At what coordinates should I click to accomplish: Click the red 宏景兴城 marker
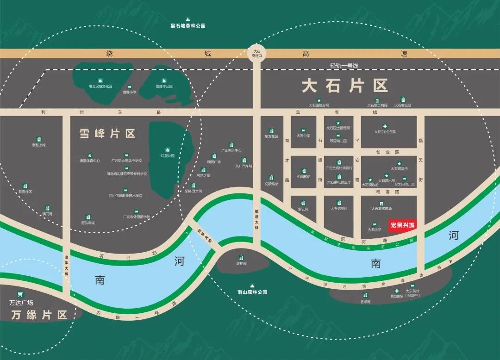pyautogui.click(x=403, y=225)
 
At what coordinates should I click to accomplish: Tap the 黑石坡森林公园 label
pyautogui.click(x=188, y=26)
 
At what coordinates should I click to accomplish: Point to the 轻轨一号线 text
pyautogui.click(x=344, y=66)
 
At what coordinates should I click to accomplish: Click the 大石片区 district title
pyautogui.click(x=344, y=86)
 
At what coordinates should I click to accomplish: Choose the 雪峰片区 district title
pyautogui.click(x=107, y=134)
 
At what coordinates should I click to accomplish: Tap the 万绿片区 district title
pyautogui.click(x=39, y=315)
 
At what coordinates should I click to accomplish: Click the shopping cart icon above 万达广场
pyautogui.click(x=20, y=294)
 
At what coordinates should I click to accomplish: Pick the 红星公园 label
pyautogui.click(x=168, y=156)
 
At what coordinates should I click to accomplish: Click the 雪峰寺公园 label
pyautogui.click(x=163, y=87)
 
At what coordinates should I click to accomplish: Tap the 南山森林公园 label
pyautogui.click(x=252, y=292)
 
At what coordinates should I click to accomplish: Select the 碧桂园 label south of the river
pyautogui.click(x=241, y=263)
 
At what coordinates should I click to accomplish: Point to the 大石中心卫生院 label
pyautogui.click(x=385, y=132)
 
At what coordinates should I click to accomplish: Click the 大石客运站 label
pyautogui.click(x=402, y=106)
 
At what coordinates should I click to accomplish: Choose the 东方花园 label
pyautogui.click(x=271, y=137)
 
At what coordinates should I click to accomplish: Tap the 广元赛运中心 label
pyautogui.click(x=231, y=150)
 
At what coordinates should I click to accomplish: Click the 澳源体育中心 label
pyautogui.click(x=90, y=161)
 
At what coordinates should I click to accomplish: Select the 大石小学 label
pyautogui.click(x=375, y=230)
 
